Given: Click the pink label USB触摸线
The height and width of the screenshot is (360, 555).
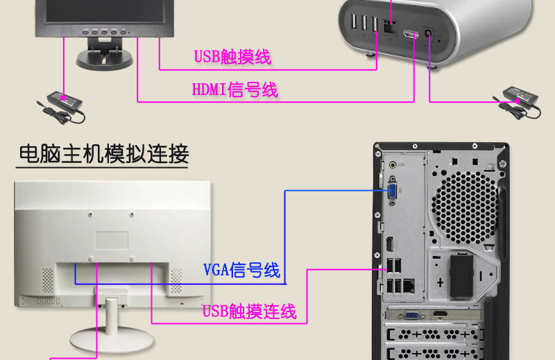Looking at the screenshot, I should click(232, 57).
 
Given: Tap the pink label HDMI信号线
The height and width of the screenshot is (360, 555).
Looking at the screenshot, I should click(234, 89).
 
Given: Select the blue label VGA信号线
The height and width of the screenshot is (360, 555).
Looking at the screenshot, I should click(241, 270).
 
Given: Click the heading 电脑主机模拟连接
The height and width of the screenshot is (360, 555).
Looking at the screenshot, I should click(103, 153).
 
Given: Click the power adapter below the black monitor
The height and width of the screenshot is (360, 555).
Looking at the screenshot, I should click(62, 102).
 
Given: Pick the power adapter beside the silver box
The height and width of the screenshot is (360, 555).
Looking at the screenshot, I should click(519, 94).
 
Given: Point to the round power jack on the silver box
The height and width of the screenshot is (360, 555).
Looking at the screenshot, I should click(428, 31).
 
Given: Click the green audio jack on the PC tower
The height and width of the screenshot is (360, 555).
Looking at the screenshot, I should click(394, 165).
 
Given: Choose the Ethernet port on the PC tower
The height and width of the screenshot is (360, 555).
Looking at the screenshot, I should click(410, 284).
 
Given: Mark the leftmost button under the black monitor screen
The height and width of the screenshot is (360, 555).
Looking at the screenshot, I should click(86, 31).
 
